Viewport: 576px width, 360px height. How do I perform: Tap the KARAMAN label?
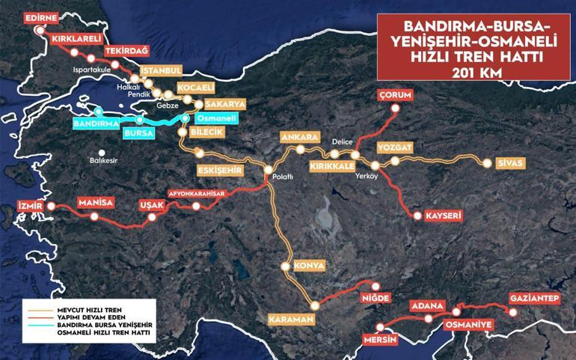(289, 320)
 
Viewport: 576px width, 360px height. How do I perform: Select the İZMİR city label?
(31, 204)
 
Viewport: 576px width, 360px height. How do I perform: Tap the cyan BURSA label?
(138, 132)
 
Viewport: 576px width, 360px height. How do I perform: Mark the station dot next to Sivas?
(488, 162)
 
